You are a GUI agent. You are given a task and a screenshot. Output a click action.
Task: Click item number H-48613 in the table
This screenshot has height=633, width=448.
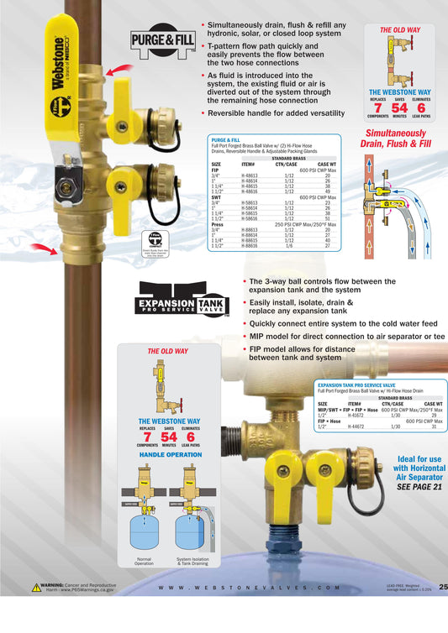pyautogui.click(x=250, y=175)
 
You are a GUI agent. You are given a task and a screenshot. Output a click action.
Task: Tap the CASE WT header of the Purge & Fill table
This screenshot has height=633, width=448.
pyautogui.click(x=327, y=163)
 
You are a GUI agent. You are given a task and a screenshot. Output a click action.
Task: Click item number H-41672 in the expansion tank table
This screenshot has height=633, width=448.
pyautogui.click(x=356, y=416)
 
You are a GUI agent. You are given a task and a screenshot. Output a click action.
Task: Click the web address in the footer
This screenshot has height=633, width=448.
pyautogui.click(x=248, y=589)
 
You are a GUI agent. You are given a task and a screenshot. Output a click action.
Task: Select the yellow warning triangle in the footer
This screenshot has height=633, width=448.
pyautogui.click(x=35, y=588)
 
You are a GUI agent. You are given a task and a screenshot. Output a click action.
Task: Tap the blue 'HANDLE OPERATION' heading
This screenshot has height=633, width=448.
pyautogui.click(x=168, y=454)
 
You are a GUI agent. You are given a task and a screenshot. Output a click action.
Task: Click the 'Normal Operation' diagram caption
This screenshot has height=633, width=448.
pyautogui.click(x=145, y=561)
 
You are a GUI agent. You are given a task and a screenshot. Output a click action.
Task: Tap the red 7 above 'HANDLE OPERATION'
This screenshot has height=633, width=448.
pyautogui.click(x=146, y=437)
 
